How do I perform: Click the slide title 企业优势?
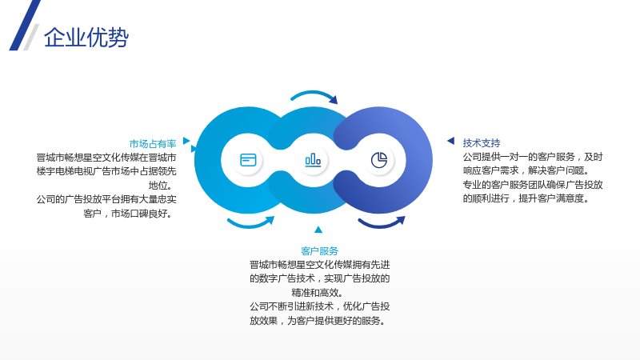[86, 38]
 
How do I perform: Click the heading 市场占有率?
[153, 144]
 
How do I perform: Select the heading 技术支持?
[482, 143]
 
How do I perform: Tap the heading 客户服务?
[319, 251]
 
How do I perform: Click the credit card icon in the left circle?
[248, 160]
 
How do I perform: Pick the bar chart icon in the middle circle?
[313, 159]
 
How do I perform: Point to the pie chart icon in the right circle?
[379, 160]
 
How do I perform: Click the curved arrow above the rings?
[314, 94]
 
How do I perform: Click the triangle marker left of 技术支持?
[451, 141]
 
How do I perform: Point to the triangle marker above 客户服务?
[318, 230]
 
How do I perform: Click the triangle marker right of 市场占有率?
[186, 141]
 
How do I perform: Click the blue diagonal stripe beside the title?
[25, 26]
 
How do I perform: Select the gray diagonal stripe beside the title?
[31, 37]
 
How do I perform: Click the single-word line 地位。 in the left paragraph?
[162, 186]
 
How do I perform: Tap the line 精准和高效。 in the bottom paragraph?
[319, 293]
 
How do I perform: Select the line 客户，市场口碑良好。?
[130, 214]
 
